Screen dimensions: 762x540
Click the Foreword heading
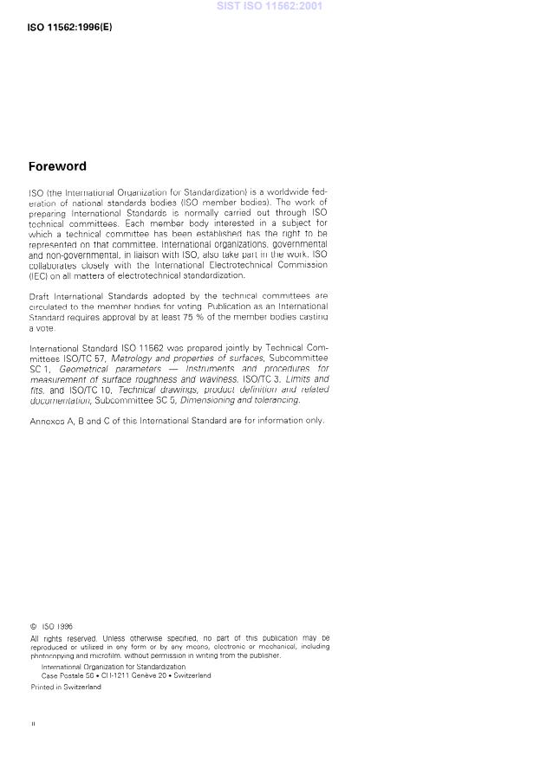(x=57, y=166)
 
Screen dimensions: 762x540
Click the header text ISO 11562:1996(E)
(x=70, y=27)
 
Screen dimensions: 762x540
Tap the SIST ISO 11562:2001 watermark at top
(x=270, y=5)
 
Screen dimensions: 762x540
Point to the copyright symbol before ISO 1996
(x=32, y=625)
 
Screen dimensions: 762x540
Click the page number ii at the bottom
(x=33, y=723)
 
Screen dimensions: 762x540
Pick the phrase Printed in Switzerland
(x=65, y=687)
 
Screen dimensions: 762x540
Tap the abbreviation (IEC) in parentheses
(x=38, y=275)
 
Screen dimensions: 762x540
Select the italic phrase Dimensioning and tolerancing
(x=240, y=400)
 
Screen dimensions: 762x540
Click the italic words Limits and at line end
(x=309, y=379)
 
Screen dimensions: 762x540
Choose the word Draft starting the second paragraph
(x=39, y=296)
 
